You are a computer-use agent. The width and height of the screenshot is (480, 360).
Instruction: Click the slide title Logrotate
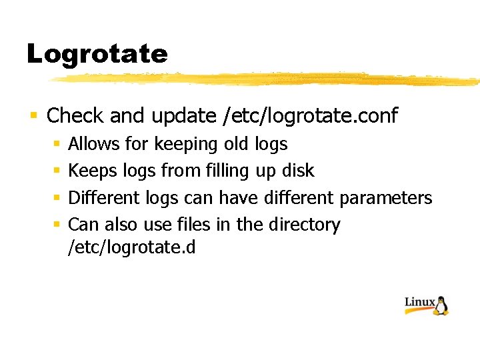[x=97, y=54]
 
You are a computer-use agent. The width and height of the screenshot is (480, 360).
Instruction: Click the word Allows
[x=93, y=144]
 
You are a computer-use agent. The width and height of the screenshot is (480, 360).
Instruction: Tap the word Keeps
[x=93, y=171]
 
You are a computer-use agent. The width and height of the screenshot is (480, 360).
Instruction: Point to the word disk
[x=297, y=171]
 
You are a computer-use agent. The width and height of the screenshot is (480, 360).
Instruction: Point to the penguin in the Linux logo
[x=441, y=306]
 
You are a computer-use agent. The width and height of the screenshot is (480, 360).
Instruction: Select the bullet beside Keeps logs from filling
[x=57, y=171]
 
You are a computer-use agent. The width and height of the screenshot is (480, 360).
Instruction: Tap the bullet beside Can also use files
[x=57, y=225]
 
